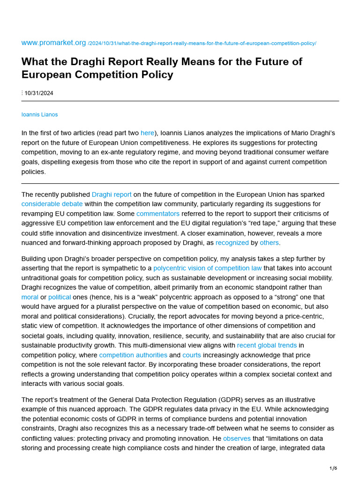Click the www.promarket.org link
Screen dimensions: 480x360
click(53, 43)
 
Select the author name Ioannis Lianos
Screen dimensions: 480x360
click(40, 114)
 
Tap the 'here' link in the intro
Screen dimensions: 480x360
click(147, 133)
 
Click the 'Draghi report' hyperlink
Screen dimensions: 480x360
click(112, 194)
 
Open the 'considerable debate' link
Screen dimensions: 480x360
click(52, 204)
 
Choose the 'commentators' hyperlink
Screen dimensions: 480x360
click(158, 214)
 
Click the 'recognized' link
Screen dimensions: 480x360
click(232, 243)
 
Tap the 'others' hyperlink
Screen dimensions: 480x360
click(269, 243)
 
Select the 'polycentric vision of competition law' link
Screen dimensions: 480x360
click(208, 268)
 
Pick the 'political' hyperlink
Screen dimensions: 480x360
click(59, 297)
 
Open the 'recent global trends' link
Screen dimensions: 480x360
click(267, 345)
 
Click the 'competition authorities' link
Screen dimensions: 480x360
click(133, 355)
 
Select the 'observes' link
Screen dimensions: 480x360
click(237, 439)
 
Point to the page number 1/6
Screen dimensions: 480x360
click(333, 468)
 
